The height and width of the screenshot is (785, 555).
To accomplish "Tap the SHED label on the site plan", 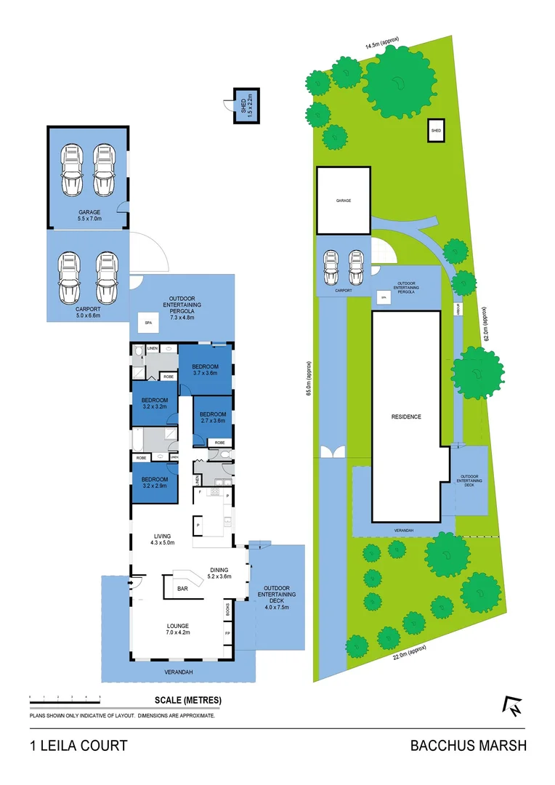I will pos(436,131).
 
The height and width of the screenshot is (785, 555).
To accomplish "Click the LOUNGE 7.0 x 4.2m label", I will pos(177,629).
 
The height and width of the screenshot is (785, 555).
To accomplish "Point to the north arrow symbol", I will pos(513,706).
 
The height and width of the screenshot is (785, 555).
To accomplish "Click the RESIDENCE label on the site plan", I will pos(406,416).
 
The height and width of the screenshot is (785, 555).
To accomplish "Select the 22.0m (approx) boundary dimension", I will pos(409,652).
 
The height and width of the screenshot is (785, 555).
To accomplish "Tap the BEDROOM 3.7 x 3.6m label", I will pos(206,370).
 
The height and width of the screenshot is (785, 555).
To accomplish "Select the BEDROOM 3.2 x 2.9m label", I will pos(155,483).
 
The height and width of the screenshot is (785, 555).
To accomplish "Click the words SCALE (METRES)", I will pos(188,701).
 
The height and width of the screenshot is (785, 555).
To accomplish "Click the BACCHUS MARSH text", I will pos(468,745).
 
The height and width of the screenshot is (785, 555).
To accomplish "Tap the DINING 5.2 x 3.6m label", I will pos(219,573).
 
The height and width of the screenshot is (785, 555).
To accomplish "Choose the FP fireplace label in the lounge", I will pos(228,633).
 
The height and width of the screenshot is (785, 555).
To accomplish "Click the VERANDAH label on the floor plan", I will pos(178,672).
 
